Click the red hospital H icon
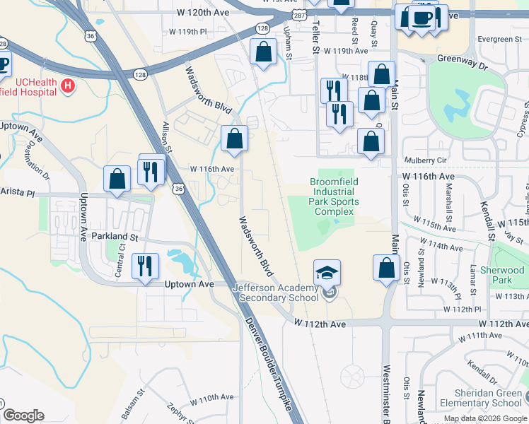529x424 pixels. click(x=68, y=86)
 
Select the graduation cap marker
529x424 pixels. click(x=327, y=272)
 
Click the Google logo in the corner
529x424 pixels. click(x=23, y=416)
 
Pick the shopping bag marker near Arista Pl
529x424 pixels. click(x=117, y=179)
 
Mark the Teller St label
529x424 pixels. click(x=315, y=33)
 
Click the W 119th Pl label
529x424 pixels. click(x=188, y=32)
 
